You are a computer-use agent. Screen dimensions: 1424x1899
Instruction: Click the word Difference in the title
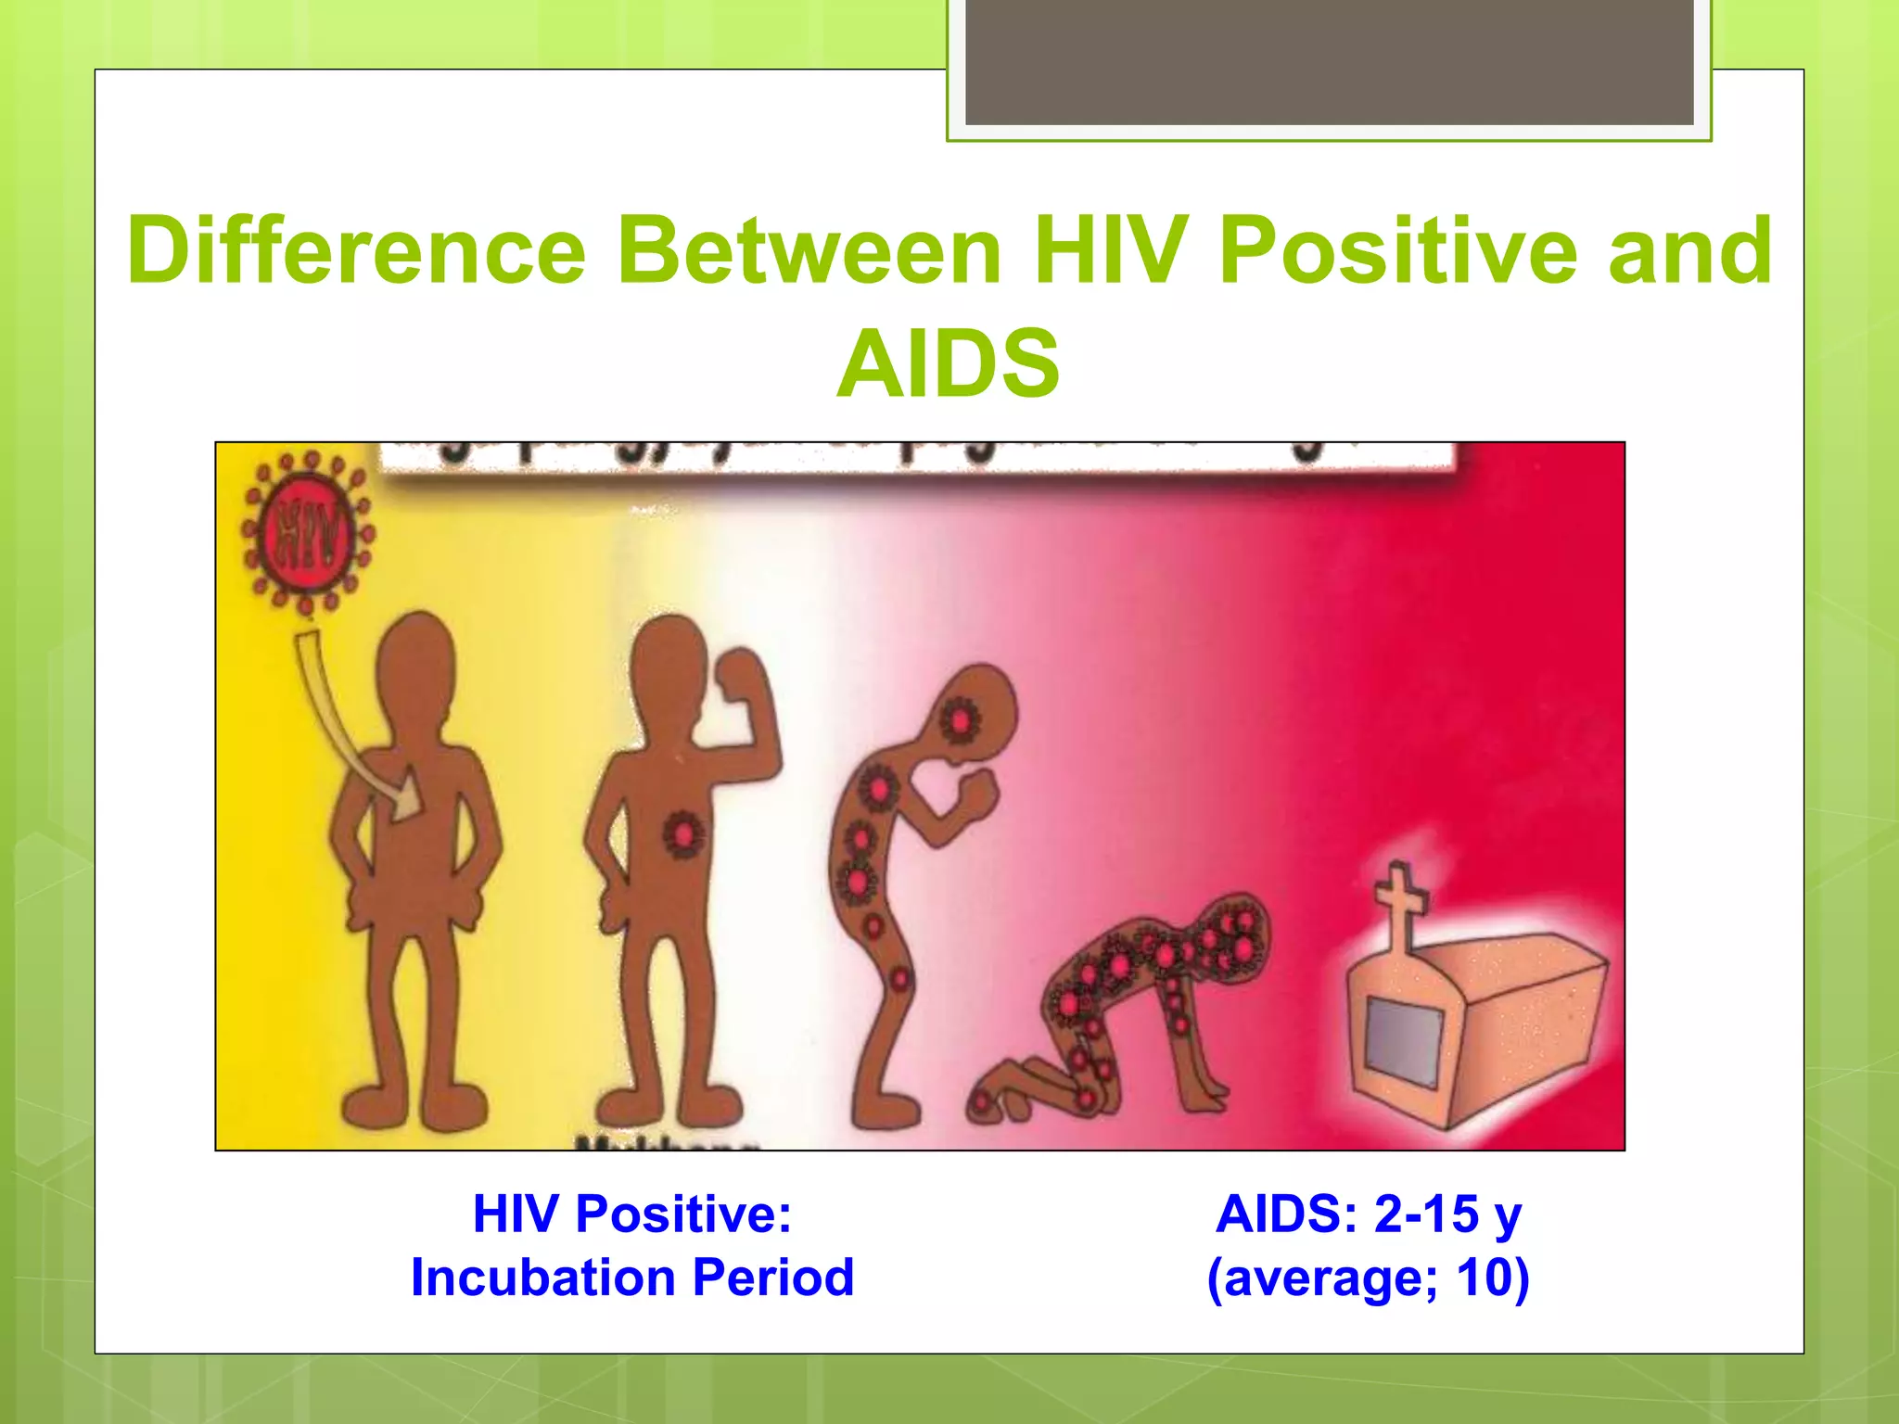[x=357, y=250]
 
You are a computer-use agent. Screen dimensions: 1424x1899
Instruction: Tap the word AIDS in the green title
[x=948, y=364]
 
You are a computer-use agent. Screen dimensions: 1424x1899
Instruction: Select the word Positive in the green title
[x=1398, y=250]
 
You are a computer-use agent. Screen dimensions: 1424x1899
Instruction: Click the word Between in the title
[x=809, y=250]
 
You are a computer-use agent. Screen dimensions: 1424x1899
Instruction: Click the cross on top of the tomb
[x=1400, y=904]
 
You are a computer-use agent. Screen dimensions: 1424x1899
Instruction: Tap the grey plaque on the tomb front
[x=1406, y=1043]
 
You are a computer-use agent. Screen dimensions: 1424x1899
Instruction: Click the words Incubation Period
[x=632, y=1278]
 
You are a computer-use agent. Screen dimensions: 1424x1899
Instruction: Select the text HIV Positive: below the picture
[x=632, y=1214]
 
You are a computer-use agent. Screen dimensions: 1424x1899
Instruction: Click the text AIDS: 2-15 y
[x=1368, y=1214]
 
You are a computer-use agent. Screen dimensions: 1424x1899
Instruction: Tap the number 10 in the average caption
[x=1491, y=1278]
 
